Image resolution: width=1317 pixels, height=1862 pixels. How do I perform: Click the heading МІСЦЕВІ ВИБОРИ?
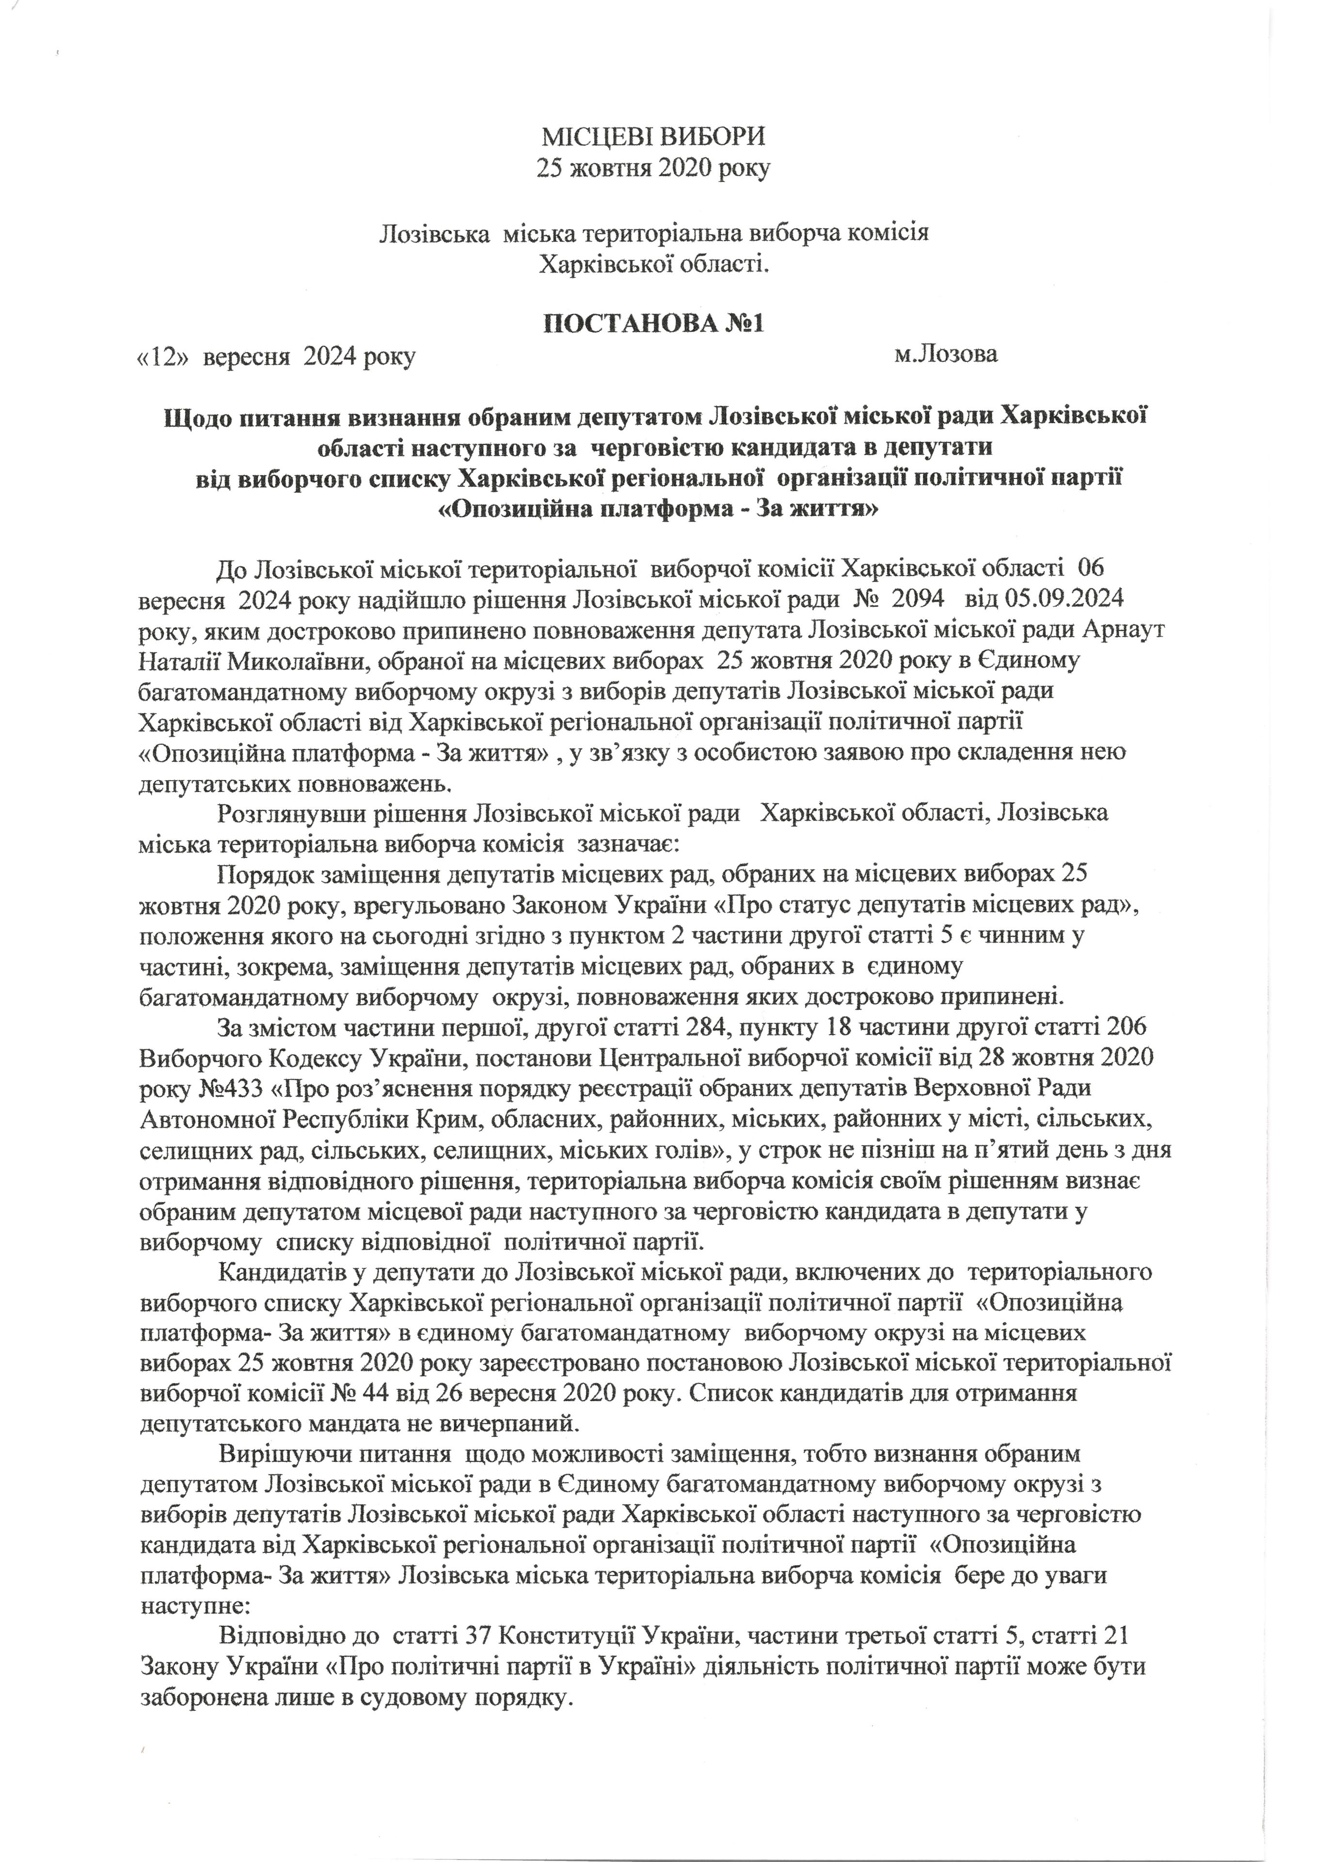653,135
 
